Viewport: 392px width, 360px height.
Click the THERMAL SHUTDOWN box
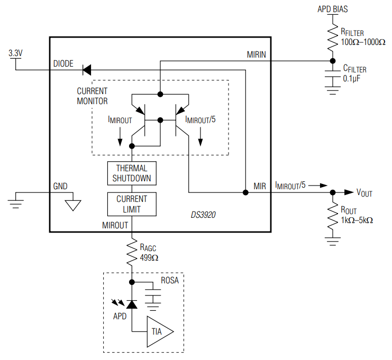(132, 173)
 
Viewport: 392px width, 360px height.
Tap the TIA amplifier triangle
(159, 332)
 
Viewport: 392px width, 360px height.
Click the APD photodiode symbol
(132, 304)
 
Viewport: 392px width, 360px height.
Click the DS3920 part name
(203, 216)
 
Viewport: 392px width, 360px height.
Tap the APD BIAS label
(332, 9)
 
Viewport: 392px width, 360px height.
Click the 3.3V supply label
(16, 53)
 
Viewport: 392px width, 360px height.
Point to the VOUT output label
(364, 193)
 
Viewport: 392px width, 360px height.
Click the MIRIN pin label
(256, 54)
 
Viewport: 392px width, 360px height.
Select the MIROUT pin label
(115, 225)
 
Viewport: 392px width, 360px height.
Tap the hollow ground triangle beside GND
(72, 204)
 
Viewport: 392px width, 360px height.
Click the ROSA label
(169, 281)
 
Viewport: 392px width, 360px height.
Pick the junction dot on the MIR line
(245, 192)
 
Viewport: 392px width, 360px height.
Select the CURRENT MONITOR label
(92, 96)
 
